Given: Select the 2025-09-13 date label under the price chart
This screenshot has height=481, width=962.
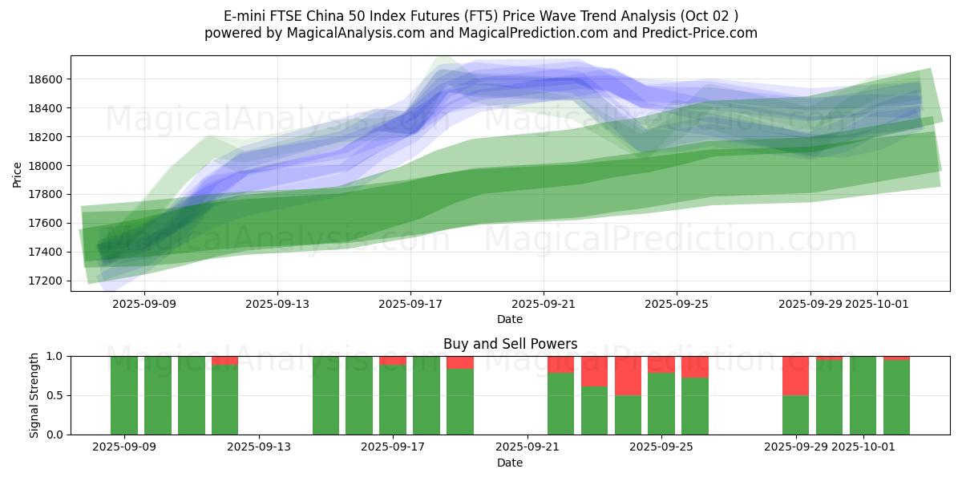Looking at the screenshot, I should (x=277, y=304).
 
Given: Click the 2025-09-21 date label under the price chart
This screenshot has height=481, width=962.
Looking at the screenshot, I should (x=544, y=304).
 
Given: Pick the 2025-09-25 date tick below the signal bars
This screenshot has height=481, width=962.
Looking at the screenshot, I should (x=661, y=447).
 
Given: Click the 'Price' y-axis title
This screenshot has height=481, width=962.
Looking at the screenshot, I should (x=18, y=173).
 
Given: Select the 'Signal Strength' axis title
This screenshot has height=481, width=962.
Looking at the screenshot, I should (x=34, y=395).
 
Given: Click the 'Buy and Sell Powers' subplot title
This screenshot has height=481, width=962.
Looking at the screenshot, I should (x=510, y=344).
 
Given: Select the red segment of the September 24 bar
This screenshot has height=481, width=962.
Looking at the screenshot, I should (x=628, y=376).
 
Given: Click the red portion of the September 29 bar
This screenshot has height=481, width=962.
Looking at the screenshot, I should (x=795, y=376).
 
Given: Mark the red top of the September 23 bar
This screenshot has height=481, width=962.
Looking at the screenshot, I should (x=594, y=371).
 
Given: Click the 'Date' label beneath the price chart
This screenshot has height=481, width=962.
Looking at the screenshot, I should (x=510, y=319).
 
